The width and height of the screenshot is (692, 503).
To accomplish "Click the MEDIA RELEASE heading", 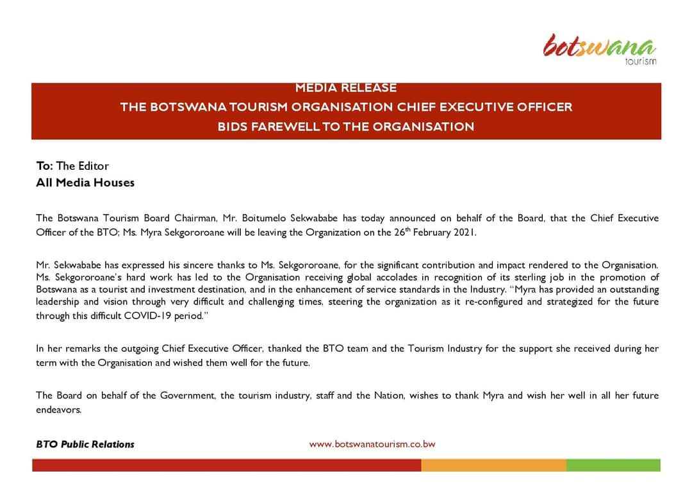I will point(346,88).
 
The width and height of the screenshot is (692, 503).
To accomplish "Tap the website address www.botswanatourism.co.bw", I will point(372,444).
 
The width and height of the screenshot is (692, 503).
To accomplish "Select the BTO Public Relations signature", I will point(85,444).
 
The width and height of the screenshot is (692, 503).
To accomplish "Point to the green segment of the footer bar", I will point(613,465).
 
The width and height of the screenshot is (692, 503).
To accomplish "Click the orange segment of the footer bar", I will point(493,465).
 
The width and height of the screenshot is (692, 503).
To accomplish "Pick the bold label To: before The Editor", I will point(45,166).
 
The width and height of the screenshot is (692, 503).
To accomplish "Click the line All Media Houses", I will point(85,183).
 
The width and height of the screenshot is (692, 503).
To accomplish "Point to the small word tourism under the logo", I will point(640,62).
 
